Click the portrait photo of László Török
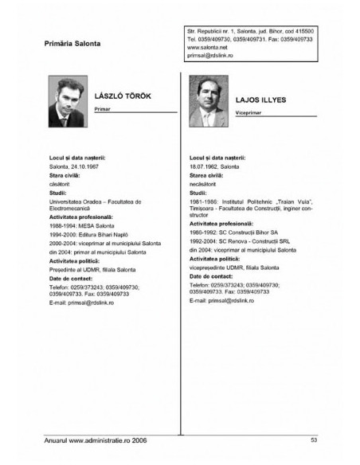tap(68, 100)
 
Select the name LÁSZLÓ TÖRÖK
tap(122, 96)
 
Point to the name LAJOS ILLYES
tap(260, 100)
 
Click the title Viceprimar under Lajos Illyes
tap(248, 114)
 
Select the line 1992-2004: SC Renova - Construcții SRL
tap(236, 241)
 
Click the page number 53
tap(314, 440)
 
